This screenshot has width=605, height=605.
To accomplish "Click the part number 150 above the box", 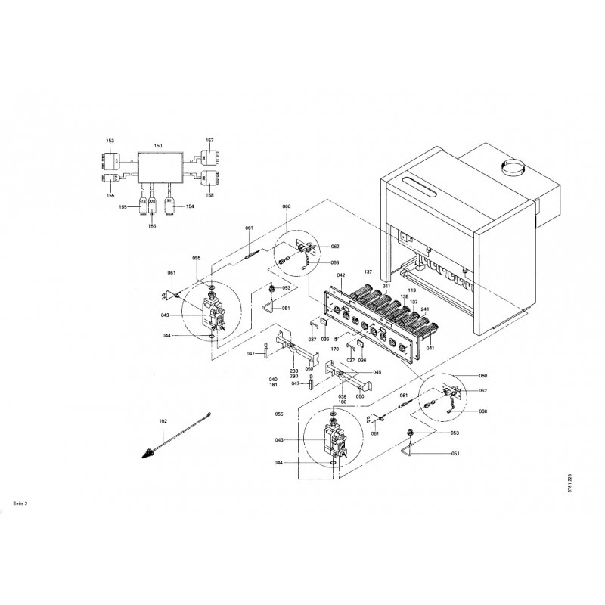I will coord(157,145).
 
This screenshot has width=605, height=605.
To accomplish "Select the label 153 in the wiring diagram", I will coord(110,141).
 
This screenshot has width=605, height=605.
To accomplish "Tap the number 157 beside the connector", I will coord(209,141).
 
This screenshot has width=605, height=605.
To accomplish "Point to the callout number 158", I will coord(209,195).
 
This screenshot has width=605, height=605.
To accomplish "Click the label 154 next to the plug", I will coord(189,206).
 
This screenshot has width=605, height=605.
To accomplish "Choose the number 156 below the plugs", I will coord(152,225).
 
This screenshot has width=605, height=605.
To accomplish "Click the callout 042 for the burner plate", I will coord(340,275).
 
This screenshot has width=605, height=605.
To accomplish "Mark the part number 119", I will coord(413,290).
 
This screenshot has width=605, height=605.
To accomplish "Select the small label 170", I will coord(334,350).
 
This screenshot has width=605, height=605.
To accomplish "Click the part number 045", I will coord(377,372).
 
